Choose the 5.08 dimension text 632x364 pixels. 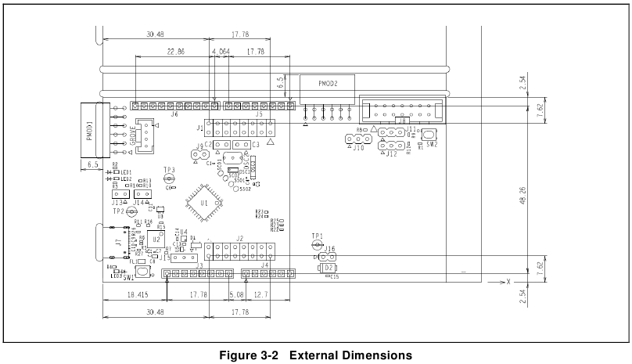[x=235, y=294]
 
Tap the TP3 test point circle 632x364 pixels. [x=169, y=179]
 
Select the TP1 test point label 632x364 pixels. [x=317, y=236]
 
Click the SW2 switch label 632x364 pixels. [x=431, y=145]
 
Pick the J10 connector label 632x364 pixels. [x=357, y=147]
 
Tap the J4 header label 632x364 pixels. [x=264, y=266]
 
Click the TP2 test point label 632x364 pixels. [x=117, y=211]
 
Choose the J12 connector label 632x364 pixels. [x=391, y=154]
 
